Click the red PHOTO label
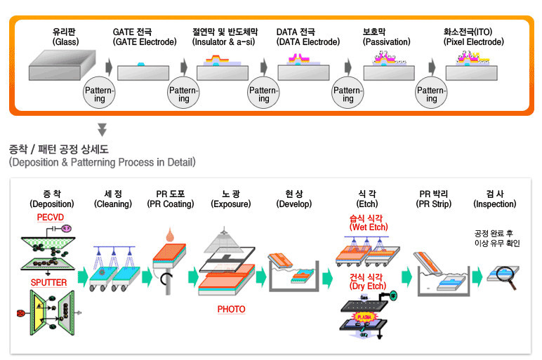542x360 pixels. point(231,309)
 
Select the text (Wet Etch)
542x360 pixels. point(367,227)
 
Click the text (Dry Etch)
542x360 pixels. point(367,286)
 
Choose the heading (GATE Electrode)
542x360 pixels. point(145,42)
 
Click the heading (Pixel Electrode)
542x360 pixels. point(473,42)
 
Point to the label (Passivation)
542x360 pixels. point(386,42)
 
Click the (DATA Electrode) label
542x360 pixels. point(305,42)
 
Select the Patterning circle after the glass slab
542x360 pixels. point(100,95)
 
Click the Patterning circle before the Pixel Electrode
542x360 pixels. point(432,95)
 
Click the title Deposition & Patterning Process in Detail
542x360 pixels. point(102,162)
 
